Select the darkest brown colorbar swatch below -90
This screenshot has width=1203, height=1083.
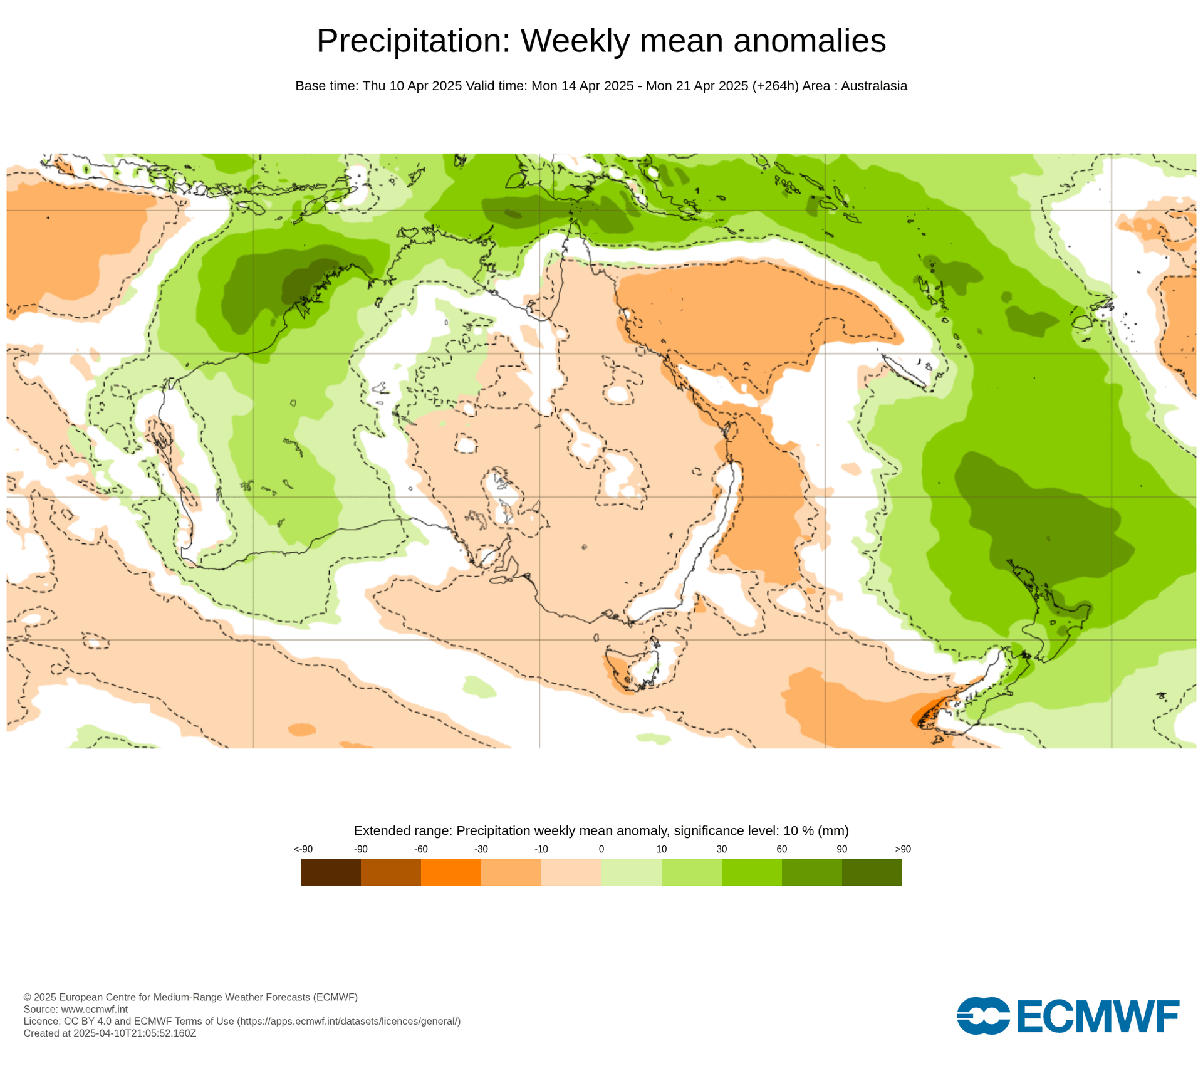330,872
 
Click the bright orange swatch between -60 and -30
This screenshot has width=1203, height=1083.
450,872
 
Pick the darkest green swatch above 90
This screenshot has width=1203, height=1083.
872,872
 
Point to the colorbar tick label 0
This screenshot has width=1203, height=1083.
601,849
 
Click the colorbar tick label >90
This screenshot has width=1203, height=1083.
902,849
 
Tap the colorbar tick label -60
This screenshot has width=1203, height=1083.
420,849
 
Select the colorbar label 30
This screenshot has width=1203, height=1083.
721,849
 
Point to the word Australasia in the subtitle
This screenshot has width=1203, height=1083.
873,86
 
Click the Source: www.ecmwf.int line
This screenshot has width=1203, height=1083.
76,1009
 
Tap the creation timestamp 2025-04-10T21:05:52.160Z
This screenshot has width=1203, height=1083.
135,1033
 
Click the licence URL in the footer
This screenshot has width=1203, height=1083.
348,1021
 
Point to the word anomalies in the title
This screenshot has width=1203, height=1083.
810,41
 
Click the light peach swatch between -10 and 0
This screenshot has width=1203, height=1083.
571,872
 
